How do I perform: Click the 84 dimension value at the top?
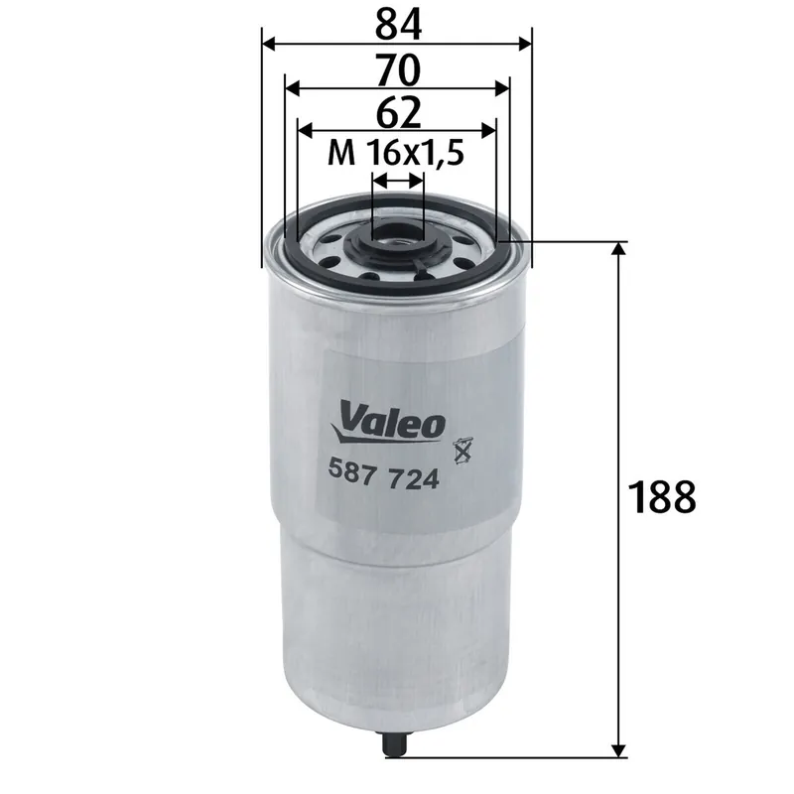[x=397, y=23]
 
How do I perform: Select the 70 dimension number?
[x=397, y=68]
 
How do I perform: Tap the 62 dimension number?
[x=397, y=112]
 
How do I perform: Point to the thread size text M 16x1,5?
[x=397, y=153]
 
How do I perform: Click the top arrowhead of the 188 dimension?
[x=619, y=250]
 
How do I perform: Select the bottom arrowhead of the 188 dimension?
[x=619, y=749]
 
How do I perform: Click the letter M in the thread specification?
[x=341, y=153]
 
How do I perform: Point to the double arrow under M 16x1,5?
[x=397, y=181]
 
